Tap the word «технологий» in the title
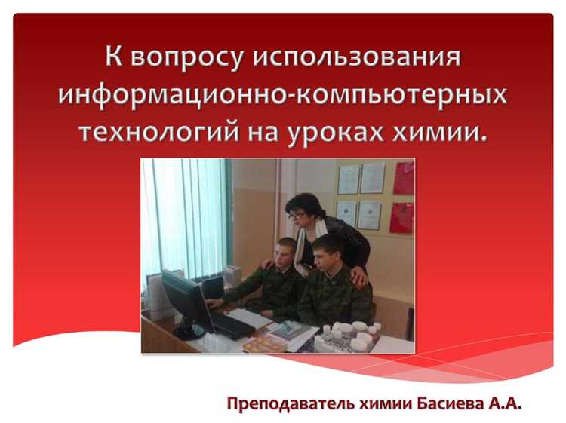[x=149, y=131]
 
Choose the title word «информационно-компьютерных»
[x=282, y=95]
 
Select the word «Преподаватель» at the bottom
[x=290, y=404]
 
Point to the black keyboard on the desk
[x=231, y=325]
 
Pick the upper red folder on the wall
[x=404, y=178]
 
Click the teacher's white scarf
[x=305, y=241]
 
